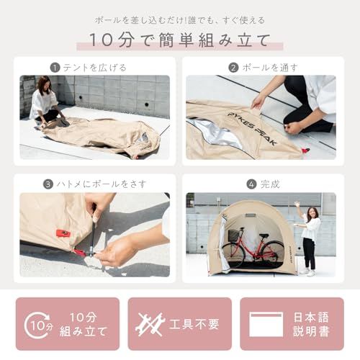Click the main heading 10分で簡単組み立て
tap(180, 39)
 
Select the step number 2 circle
tap(233, 67)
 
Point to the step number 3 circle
tap(48, 184)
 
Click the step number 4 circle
tap(251, 184)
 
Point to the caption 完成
tap(271, 184)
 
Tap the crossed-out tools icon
tap(149, 323)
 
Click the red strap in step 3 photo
tap(63, 233)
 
